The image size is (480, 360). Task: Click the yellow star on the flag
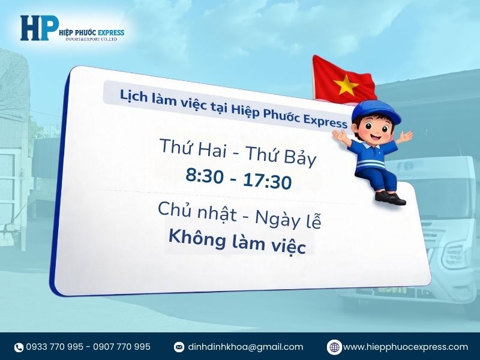click(x=346, y=85)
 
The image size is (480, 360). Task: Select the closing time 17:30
click(x=267, y=181)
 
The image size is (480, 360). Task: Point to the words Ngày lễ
click(x=288, y=220)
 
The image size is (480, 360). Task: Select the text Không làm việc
click(x=237, y=241)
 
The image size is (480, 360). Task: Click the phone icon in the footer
click(x=19, y=347)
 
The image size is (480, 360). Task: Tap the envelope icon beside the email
click(x=179, y=347)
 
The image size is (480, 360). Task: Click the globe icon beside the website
click(x=334, y=347)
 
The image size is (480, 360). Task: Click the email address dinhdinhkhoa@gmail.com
click(x=245, y=347)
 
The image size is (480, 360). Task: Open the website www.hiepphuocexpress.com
click(x=405, y=347)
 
